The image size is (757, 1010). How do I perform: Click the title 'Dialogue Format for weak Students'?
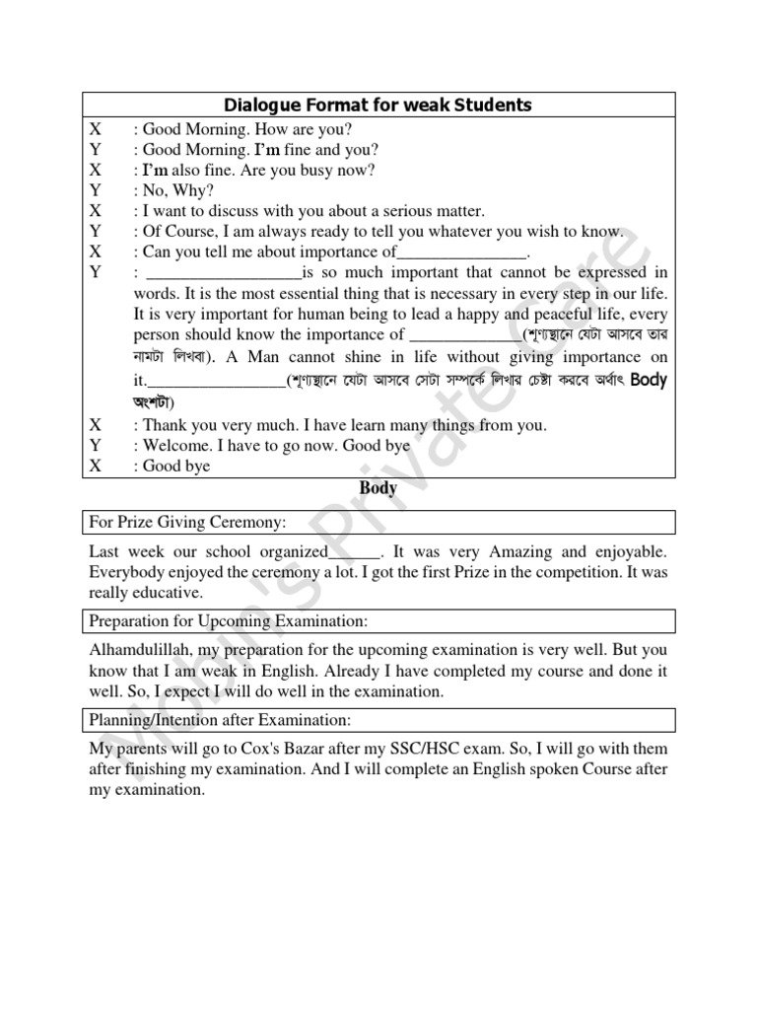[x=378, y=105]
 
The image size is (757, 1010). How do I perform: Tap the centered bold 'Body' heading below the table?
[x=378, y=487]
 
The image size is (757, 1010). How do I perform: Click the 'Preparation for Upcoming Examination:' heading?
[x=228, y=621]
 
